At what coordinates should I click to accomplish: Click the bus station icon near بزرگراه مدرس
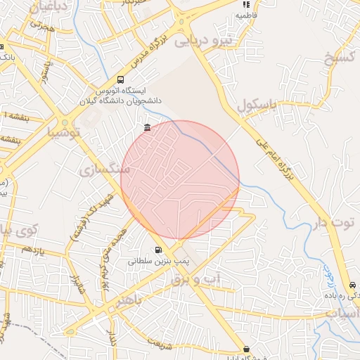click(x=121, y=80)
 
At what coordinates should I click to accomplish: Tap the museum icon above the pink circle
click(x=146, y=127)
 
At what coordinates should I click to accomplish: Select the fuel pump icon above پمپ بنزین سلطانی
click(x=157, y=249)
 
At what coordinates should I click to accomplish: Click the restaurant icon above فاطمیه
click(x=246, y=4)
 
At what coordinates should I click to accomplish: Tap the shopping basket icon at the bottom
click(x=246, y=349)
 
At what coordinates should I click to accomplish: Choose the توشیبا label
click(x=64, y=130)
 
